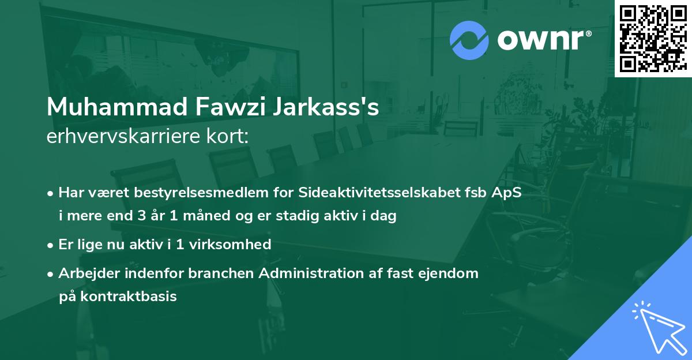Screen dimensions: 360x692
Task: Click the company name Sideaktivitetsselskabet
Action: pos(383,192)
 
